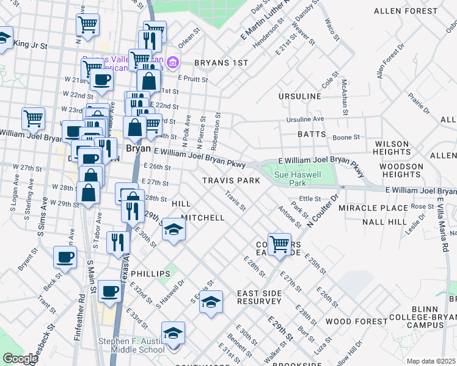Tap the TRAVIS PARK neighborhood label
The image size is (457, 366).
coord(231,181)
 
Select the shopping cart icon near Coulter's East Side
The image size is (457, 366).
coord(279,244)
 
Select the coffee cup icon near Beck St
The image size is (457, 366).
coord(65,257)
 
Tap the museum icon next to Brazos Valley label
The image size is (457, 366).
coord(173,62)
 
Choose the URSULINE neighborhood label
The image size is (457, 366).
coord(299,96)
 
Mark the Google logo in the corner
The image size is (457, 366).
coord(20,359)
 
